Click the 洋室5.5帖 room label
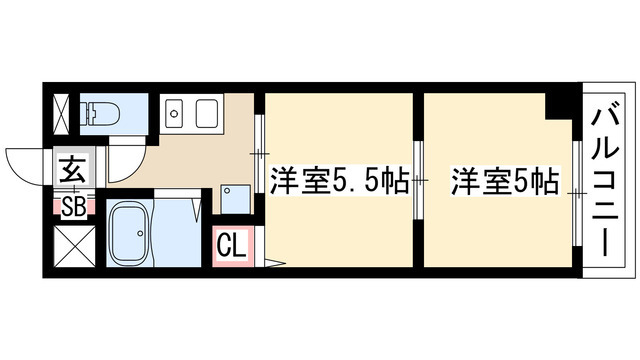click(x=337, y=182)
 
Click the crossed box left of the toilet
click(x=62, y=110)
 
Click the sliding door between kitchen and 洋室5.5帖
click(x=259, y=150)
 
